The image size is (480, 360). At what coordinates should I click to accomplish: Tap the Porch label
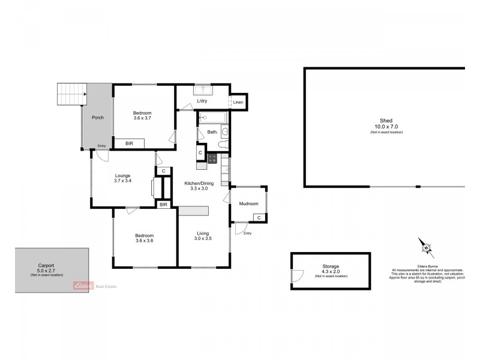point(97,118)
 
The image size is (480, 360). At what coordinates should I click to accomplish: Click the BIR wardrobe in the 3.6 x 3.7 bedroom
point(130,144)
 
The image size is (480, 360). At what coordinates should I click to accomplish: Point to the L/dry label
point(202,101)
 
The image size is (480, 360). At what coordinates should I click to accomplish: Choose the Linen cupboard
point(238,102)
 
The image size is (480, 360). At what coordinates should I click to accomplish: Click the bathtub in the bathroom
point(210,118)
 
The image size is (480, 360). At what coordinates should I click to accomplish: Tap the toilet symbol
point(223,145)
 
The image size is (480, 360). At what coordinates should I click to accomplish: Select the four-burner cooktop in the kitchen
point(212,158)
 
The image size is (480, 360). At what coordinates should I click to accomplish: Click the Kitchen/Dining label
point(195,185)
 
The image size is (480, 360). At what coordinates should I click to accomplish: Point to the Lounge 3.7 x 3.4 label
point(122,178)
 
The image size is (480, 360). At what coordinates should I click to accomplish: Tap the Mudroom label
point(248,204)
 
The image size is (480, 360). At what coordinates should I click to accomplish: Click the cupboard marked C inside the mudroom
point(258,217)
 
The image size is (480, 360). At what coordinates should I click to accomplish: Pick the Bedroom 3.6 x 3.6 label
point(144,238)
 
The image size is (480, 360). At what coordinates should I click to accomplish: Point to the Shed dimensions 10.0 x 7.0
point(386,127)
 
